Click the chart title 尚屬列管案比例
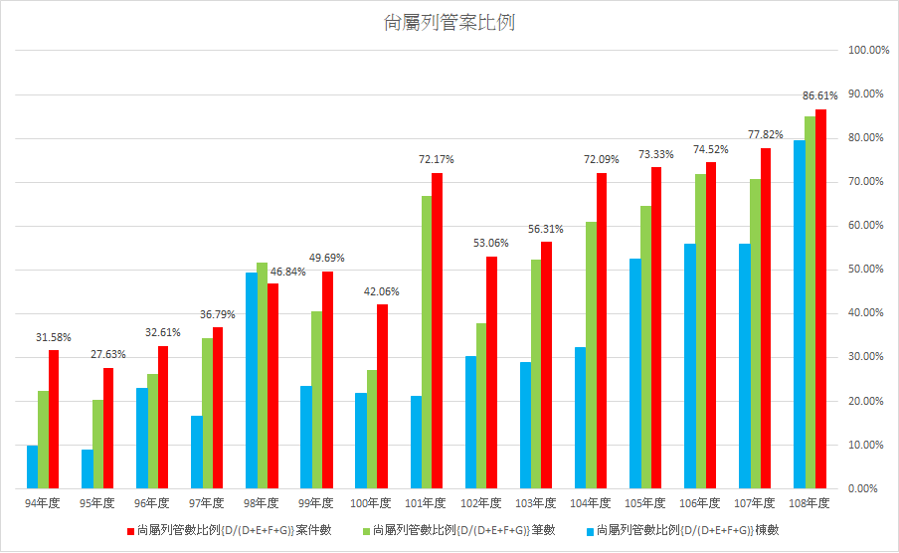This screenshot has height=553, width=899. click(449, 23)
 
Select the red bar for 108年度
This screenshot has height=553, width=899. click(820, 298)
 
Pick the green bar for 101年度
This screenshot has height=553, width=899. click(426, 342)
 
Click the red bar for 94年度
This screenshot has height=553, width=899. click(54, 419)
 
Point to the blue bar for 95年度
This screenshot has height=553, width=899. click(88, 468)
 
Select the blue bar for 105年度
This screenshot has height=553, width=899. click(634, 373)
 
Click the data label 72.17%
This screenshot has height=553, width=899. click(436, 159)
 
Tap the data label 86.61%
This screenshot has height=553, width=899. click(819, 95)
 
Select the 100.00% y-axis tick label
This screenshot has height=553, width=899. click(863, 50)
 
